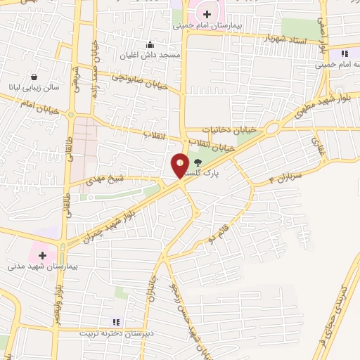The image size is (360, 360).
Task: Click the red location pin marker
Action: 181,166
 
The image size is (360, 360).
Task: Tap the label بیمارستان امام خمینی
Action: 207,25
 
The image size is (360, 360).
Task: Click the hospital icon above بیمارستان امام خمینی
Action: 207,13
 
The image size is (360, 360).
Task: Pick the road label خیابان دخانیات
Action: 227,130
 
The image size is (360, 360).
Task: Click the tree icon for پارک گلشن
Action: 198,162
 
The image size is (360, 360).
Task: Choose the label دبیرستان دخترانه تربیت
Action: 116,333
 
